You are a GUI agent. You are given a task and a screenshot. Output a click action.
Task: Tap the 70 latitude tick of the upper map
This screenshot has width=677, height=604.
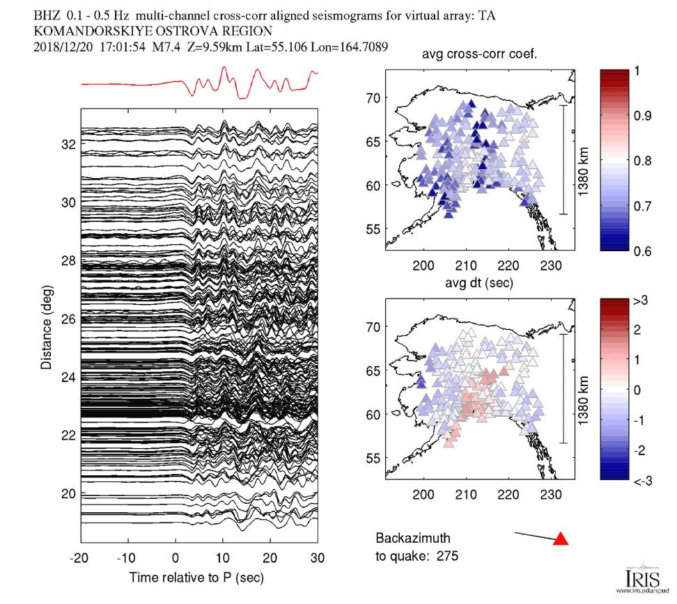tap(374, 98)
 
